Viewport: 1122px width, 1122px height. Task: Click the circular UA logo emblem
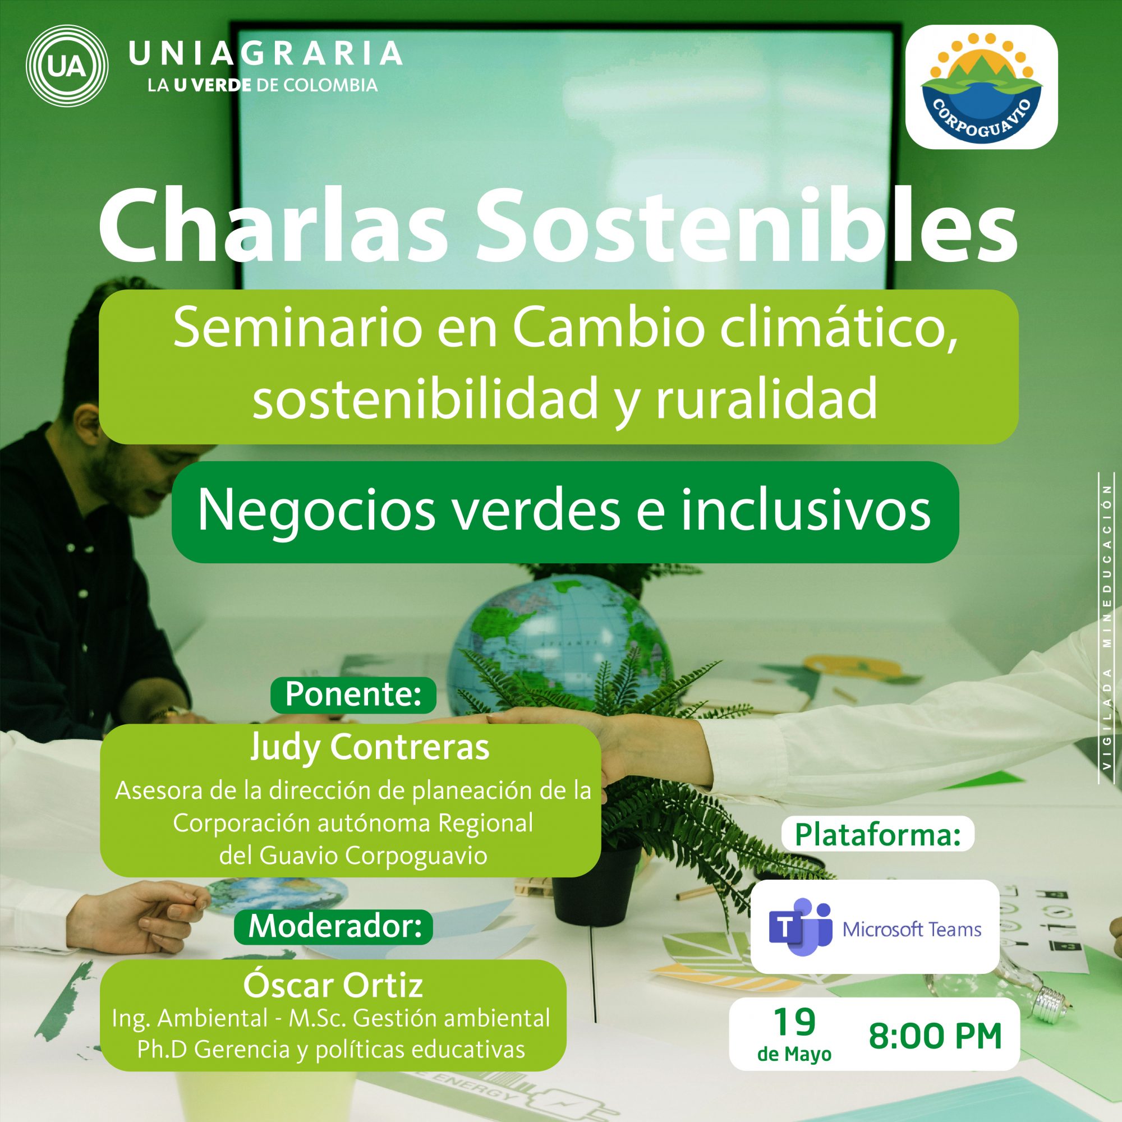pos(67,67)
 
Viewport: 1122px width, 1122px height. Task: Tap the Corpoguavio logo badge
pos(981,87)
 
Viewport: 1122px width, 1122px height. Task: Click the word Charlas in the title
pos(273,227)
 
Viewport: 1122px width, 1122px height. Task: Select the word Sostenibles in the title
pos(746,227)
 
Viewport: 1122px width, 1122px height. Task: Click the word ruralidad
pos(766,400)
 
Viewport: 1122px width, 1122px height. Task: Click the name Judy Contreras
pos(370,747)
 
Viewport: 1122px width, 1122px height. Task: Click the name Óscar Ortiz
pos(333,985)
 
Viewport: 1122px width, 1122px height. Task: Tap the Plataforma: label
pos(877,835)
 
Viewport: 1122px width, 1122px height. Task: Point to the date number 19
pos(794,1023)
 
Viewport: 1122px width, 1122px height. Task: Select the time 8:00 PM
pos(936,1036)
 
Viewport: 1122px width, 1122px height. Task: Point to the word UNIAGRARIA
pos(265,53)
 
